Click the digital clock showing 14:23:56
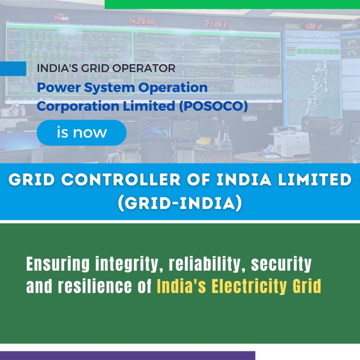(x=141, y=21)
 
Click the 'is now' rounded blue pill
(x=82, y=133)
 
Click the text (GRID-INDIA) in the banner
(x=180, y=204)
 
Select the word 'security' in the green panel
(x=281, y=265)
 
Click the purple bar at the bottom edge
(x=127, y=355)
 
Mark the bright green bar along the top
(x=232, y=4)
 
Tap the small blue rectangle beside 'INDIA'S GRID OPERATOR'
(x=13, y=69)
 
